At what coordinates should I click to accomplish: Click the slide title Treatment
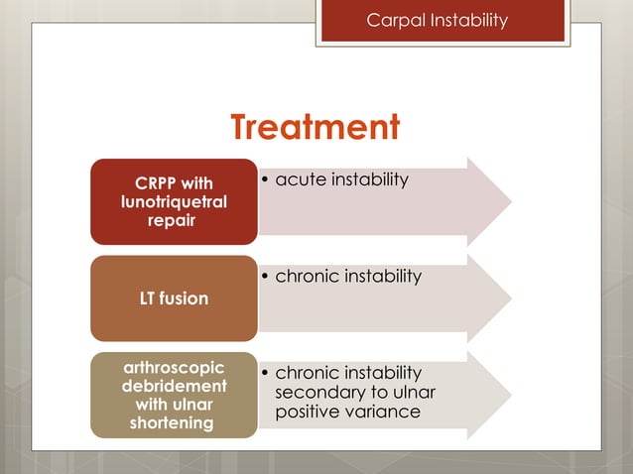coord(316,127)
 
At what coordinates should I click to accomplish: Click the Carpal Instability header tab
coord(442,21)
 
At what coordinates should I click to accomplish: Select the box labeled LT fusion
coord(174,298)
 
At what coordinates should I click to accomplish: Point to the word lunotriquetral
coord(174,201)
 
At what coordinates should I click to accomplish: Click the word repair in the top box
coord(174,221)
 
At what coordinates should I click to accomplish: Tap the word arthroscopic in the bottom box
coord(174,366)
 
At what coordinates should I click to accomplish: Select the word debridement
coord(174,385)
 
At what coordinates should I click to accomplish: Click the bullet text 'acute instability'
coord(341,179)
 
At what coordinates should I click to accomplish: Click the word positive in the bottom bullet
coord(308,411)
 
